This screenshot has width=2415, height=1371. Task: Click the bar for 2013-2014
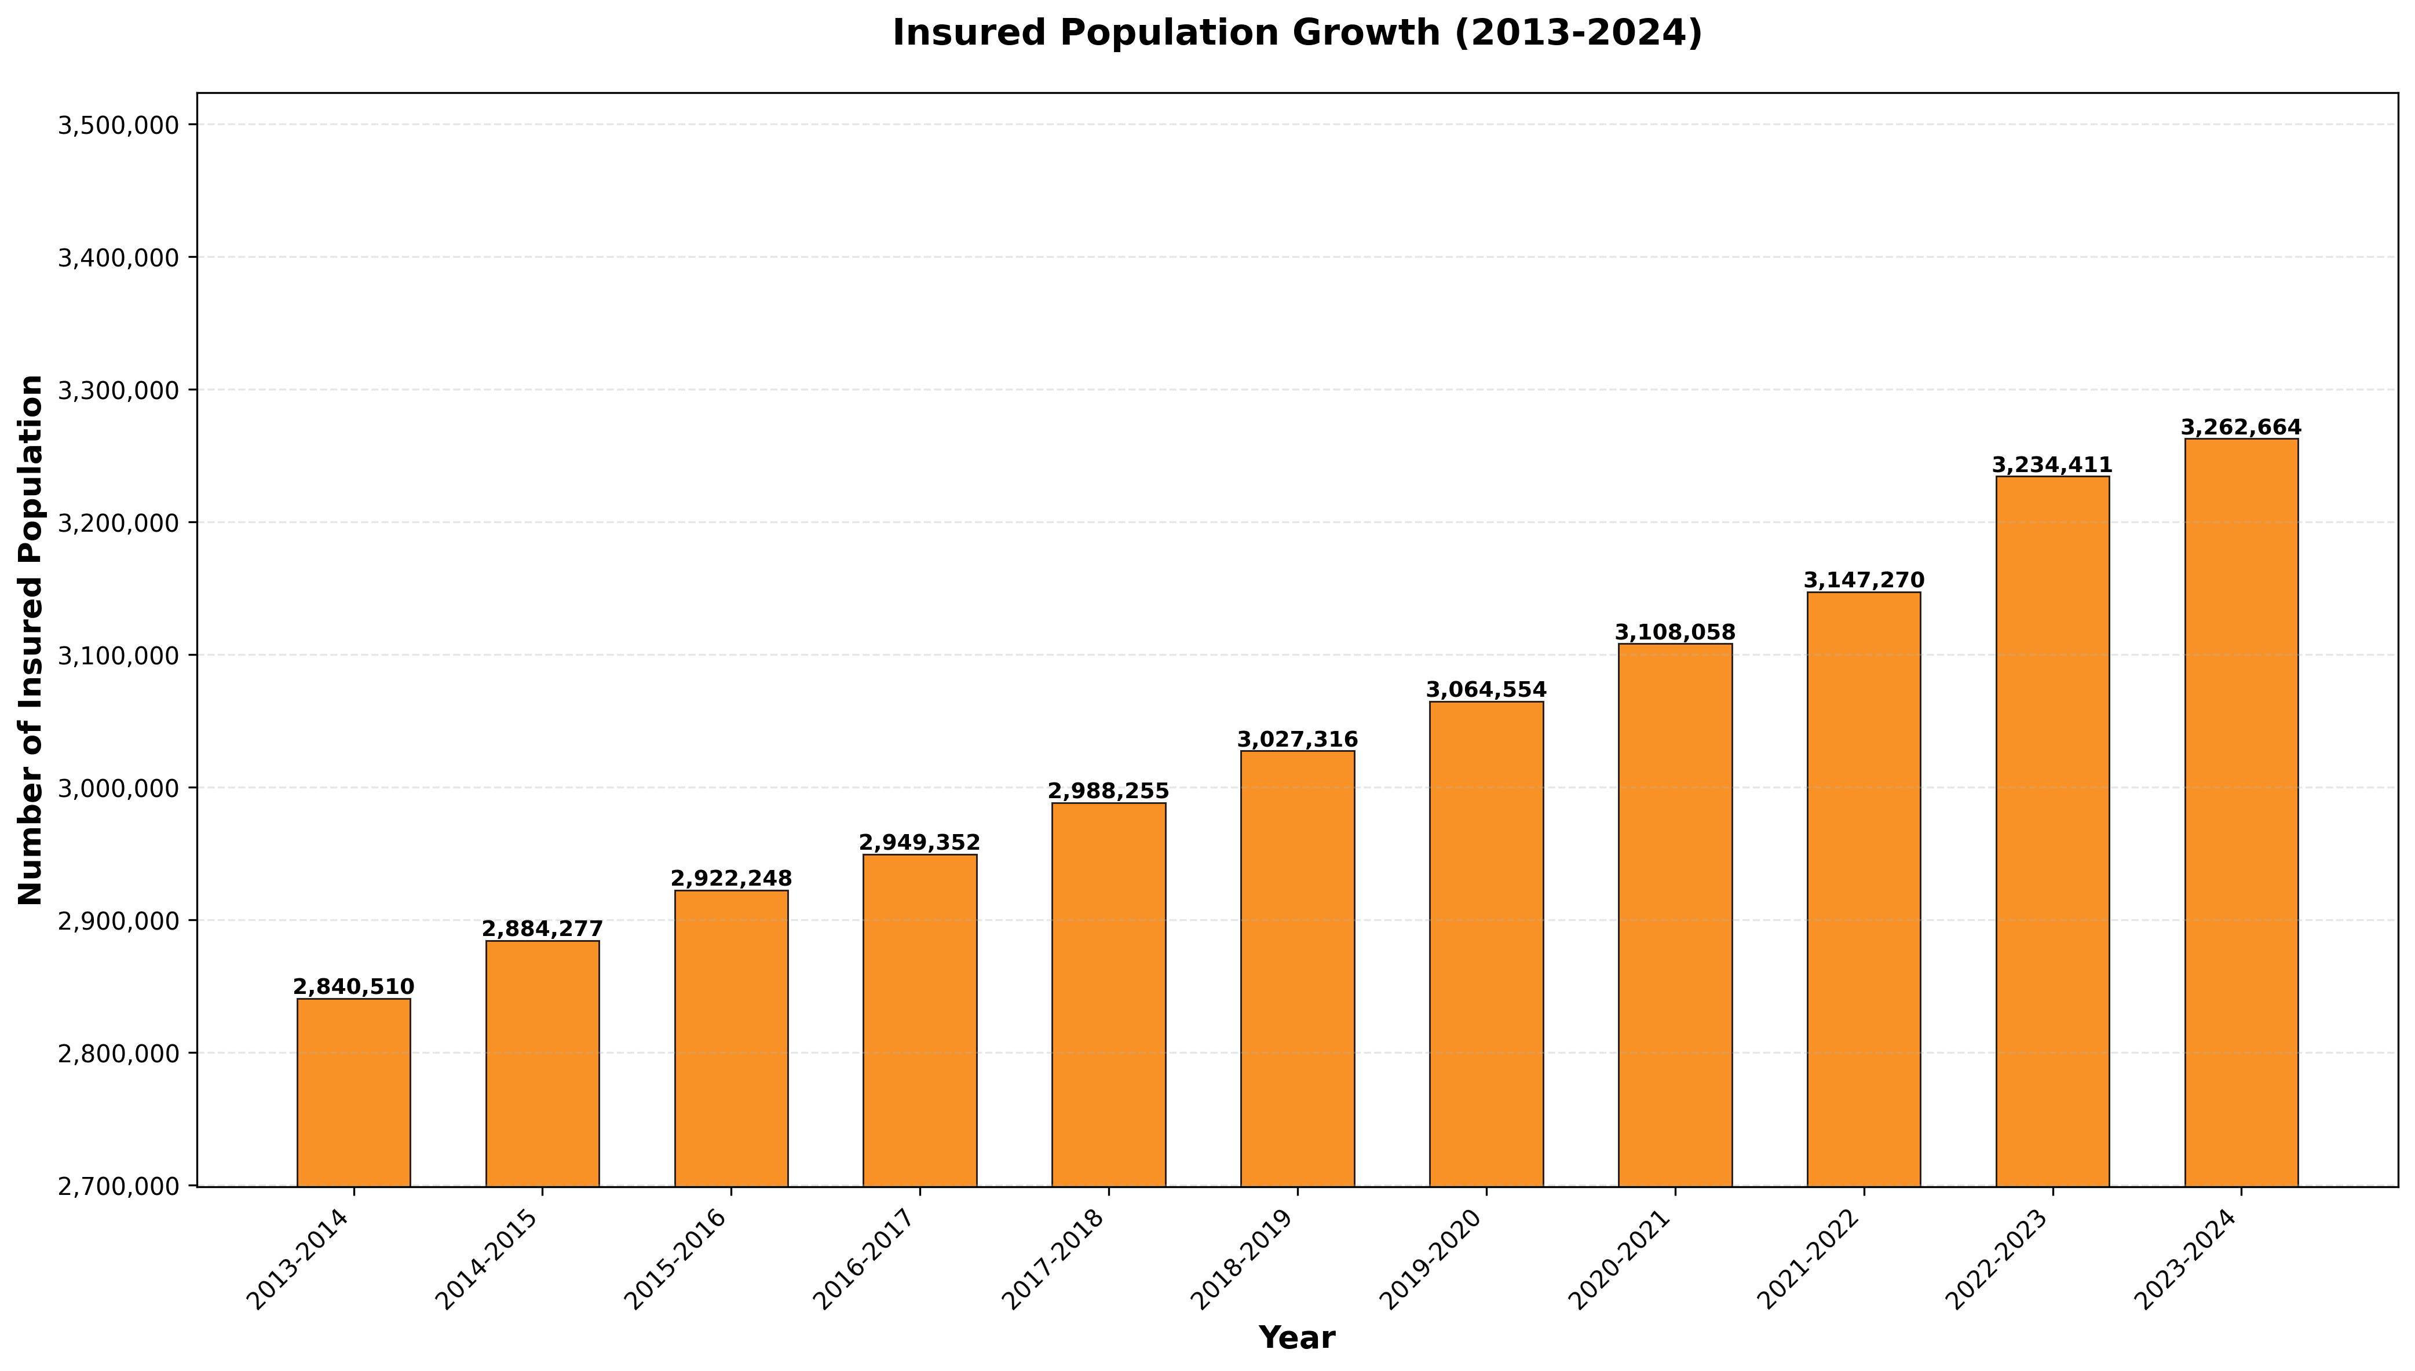354,1092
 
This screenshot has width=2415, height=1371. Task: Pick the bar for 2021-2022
1864,889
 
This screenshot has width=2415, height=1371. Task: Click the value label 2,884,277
542,930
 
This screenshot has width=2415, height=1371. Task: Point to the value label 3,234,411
2052,465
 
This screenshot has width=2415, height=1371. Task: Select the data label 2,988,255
1108,791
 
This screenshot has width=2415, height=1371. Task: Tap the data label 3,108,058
1675,632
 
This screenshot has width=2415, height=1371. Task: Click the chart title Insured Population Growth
1296,33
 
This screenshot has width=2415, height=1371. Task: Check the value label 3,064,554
1486,690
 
